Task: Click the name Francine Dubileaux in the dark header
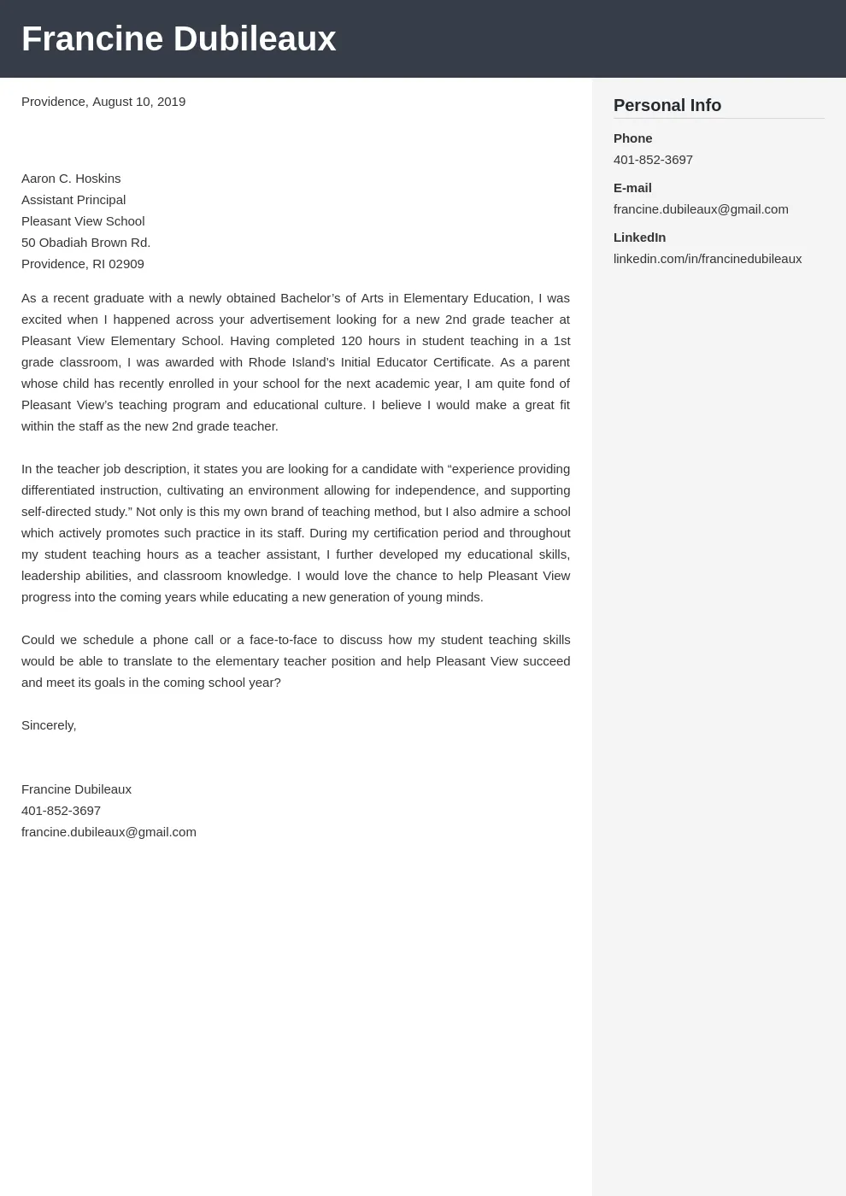tap(179, 39)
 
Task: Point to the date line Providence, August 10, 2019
tap(103, 102)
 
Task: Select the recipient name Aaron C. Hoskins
tap(71, 179)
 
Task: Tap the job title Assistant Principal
tap(73, 200)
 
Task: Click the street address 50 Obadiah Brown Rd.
tap(85, 243)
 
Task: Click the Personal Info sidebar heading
tap(667, 105)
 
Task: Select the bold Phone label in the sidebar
tap(632, 138)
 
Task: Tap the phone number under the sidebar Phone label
tap(653, 160)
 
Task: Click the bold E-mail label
tap(632, 188)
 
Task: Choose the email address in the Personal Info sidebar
tap(701, 209)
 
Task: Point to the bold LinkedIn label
tap(639, 237)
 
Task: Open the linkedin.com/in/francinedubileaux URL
tap(707, 259)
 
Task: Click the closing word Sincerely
tap(48, 725)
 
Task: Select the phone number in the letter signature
tap(61, 811)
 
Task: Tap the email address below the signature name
tap(109, 832)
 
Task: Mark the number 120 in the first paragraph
tap(351, 341)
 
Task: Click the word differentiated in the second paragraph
tap(57, 490)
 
